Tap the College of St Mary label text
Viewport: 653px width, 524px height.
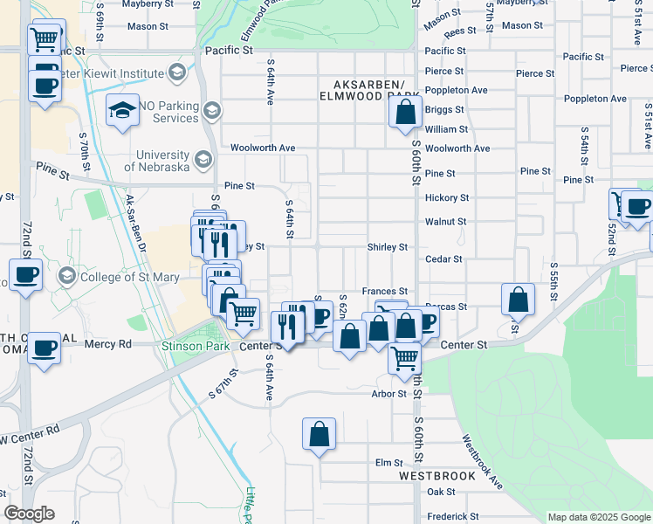[129, 278]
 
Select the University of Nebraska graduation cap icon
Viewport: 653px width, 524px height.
[203, 159]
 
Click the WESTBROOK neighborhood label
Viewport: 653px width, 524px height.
[437, 477]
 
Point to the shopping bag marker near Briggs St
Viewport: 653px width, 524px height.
[405, 113]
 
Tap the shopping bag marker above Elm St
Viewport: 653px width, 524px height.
[320, 433]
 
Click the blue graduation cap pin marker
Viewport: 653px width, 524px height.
[122, 110]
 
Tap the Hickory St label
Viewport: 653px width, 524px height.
[446, 198]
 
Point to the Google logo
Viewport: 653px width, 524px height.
[29, 514]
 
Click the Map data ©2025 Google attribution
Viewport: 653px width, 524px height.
[598, 517]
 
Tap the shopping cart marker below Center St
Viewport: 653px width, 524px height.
[405, 357]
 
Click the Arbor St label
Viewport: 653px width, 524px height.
[390, 394]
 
